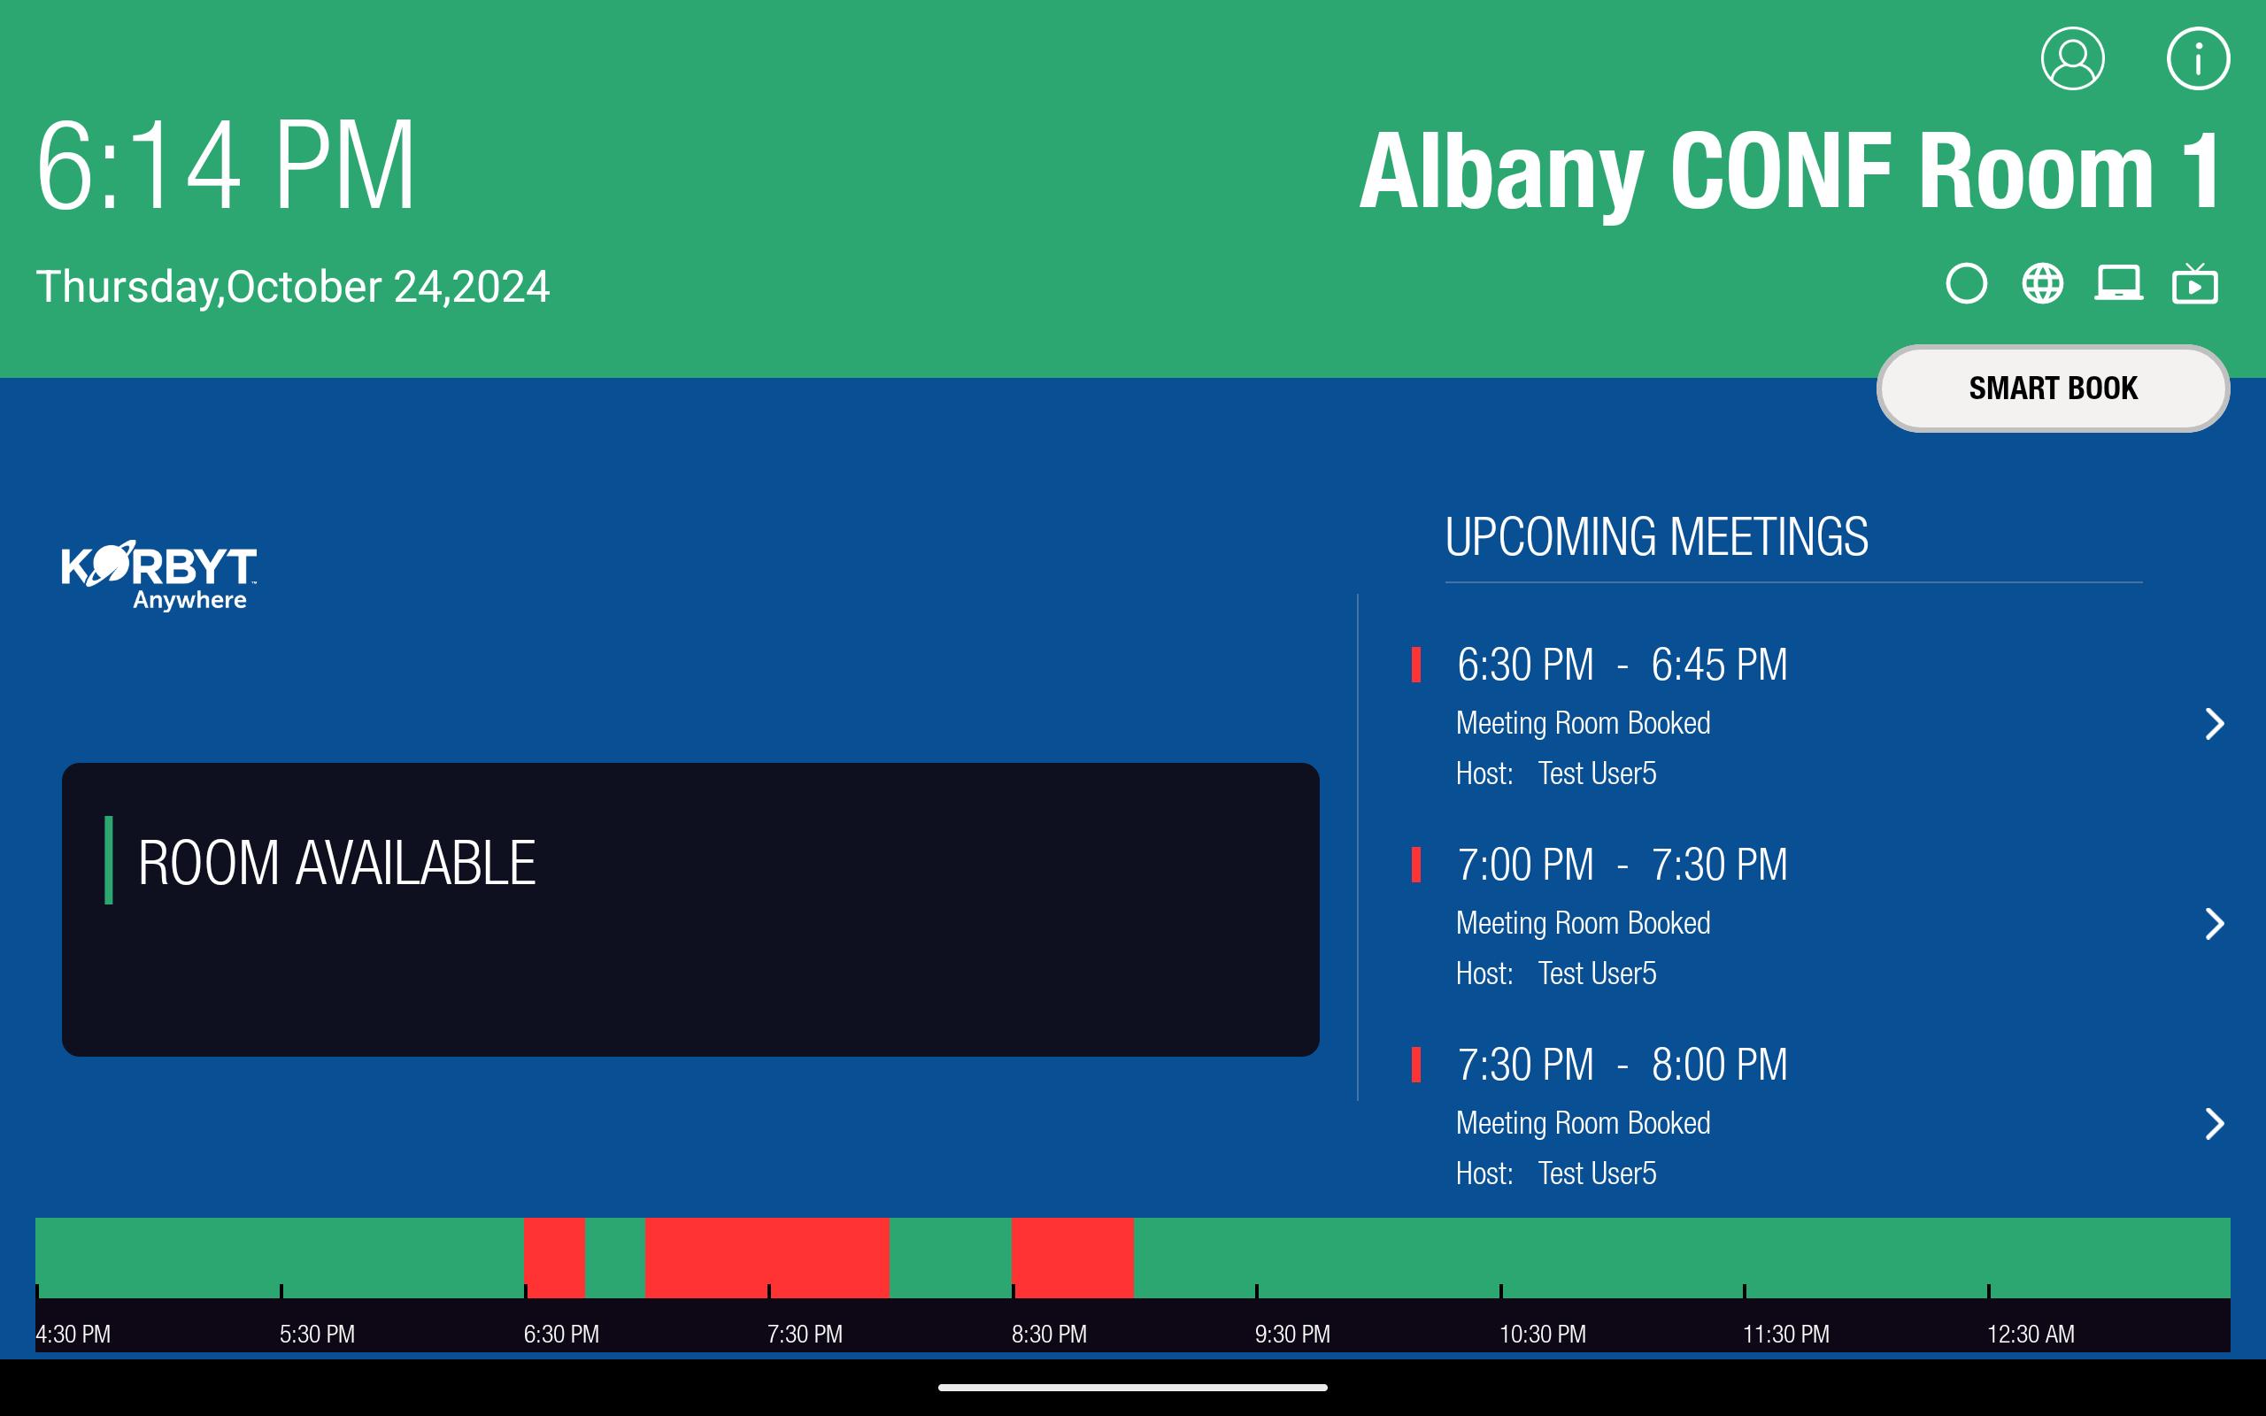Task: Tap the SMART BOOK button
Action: point(2053,388)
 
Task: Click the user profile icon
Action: point(2072,58)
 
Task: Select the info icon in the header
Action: point(2198,58)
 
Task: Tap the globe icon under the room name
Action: point(2042,284)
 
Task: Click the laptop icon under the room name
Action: point(2118,284)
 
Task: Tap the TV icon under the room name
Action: point(2195,284)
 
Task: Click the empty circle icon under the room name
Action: point(1966,284)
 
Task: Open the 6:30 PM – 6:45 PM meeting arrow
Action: point(2215,724)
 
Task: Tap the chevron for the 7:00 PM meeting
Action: point(2215,924)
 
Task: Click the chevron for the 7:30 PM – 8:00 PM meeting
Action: point(2215,1124)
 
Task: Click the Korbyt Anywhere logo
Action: point(158,575)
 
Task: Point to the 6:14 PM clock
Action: point(226,165)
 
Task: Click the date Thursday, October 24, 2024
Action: point(292,287)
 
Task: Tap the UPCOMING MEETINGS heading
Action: point(1656,537)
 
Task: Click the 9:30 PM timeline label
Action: point(1292,1334)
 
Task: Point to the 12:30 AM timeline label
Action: point(2030,1334)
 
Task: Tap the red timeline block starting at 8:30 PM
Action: point(1072,1257)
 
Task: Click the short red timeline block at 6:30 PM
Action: point(554,1257)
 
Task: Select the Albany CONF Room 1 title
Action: point(1792,172)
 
